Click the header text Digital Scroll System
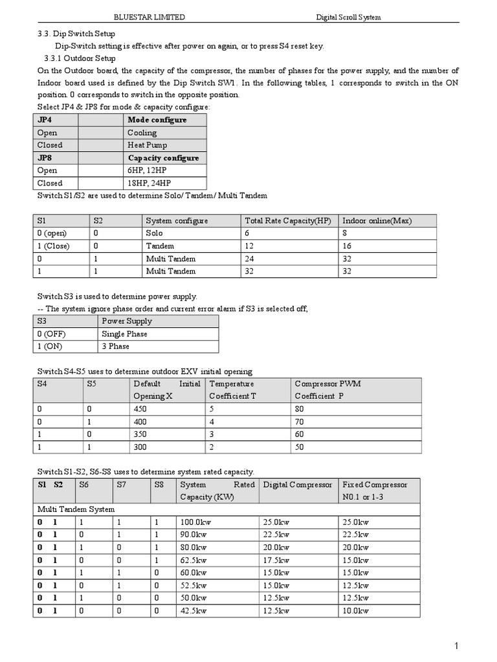[348, 17]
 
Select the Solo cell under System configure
[155, 233]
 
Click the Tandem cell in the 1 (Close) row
[159, 246]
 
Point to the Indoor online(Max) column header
[377, 221]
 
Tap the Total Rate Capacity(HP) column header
[288, 221]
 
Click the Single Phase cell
[124, 334]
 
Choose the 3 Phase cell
[116, 347]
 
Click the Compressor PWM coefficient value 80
[299, 409]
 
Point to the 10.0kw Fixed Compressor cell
[355, 611]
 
